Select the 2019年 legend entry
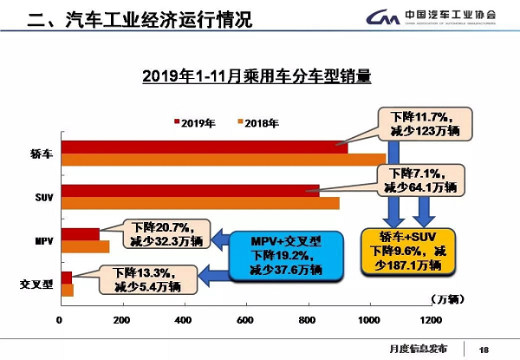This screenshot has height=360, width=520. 197,123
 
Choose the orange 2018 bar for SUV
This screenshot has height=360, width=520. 199,202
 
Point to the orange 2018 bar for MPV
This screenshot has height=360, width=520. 84,245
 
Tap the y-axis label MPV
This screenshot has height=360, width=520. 41,239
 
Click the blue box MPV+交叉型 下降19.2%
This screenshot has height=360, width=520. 286,253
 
